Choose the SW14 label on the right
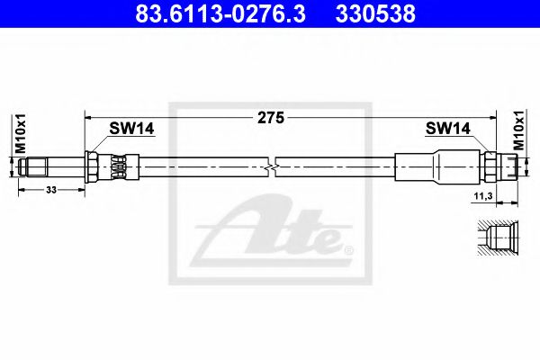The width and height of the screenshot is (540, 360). click(x=448, y=130)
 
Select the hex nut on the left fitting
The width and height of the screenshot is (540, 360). click(x=93, y=166)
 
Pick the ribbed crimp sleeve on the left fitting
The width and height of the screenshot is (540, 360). click(x=120, y=166)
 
